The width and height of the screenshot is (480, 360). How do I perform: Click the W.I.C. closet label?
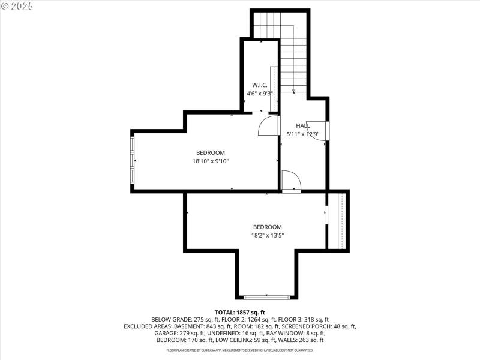coord(259,85)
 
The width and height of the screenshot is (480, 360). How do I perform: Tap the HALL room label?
coord(303,125)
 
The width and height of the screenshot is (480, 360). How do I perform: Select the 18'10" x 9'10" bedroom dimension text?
coord(211,161)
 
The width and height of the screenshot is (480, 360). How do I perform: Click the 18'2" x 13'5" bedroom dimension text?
coord(267,235)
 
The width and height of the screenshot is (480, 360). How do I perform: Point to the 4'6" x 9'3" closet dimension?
coord(260,94)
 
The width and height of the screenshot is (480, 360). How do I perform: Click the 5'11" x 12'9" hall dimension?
coord(307,134)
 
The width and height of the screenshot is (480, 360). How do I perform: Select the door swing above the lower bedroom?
coord(291,181)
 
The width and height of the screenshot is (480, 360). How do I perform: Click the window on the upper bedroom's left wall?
coord(133,161)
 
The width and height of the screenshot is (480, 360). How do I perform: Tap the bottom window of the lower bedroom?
coord(266,296)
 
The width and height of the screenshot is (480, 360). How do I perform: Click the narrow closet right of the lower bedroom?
coord(337,220)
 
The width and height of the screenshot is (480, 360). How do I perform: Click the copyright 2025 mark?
coord(17,5)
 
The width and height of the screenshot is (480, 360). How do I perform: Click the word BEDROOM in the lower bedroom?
coord(267,227)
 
